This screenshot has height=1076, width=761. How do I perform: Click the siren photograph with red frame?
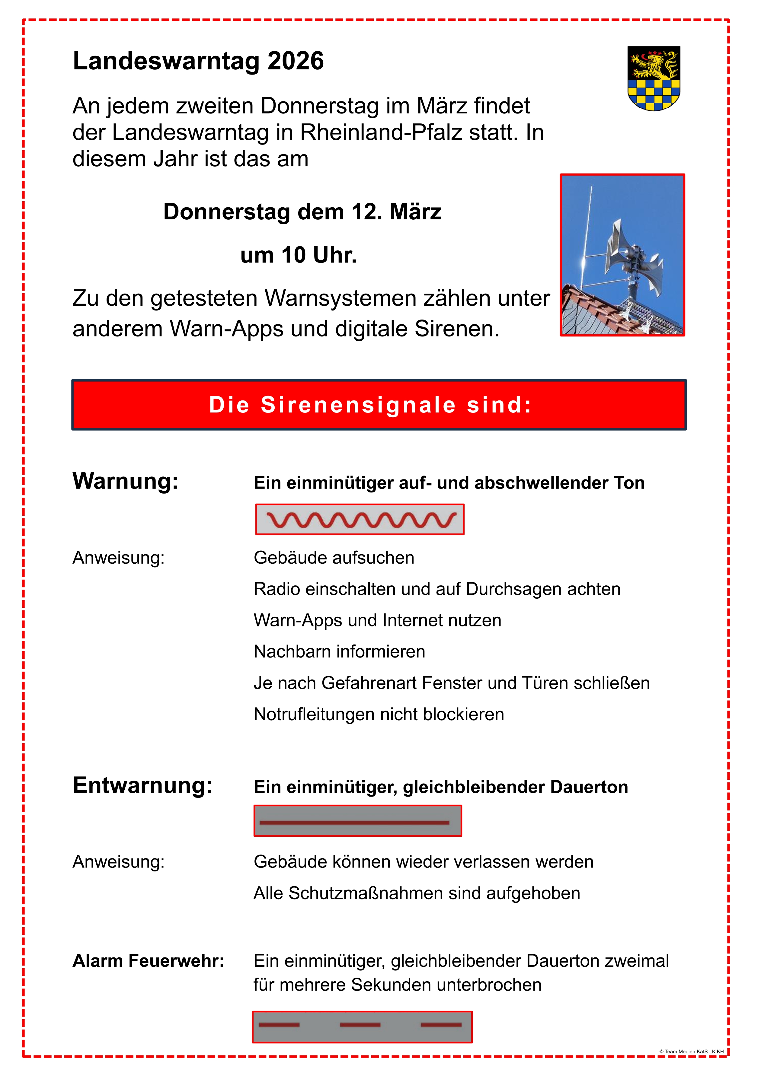(x=622, y=255)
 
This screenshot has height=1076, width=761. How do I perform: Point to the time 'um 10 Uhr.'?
(x=299, y=255)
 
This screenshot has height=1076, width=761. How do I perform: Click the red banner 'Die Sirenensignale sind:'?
(x=379, y=405)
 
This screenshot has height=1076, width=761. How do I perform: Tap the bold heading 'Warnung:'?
(x=126, y=481)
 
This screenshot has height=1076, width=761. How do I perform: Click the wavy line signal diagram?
(x=360, y=519)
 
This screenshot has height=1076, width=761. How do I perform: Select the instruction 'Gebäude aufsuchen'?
(x=334, y=558)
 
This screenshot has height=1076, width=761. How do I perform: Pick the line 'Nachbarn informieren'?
(x=340, y=651)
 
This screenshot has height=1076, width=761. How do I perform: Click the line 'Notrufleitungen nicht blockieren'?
(x=379, y=714)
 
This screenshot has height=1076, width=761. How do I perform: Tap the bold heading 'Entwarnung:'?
(x=142, y=785)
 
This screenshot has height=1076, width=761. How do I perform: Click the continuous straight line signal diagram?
(x=358, y=821)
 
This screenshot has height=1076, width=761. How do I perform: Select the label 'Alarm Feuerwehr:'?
(x=148, y=961)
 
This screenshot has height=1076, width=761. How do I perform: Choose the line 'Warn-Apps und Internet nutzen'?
(x=377, y=620)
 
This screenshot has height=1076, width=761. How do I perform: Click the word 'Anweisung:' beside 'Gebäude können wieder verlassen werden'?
(x=119, y=862)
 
